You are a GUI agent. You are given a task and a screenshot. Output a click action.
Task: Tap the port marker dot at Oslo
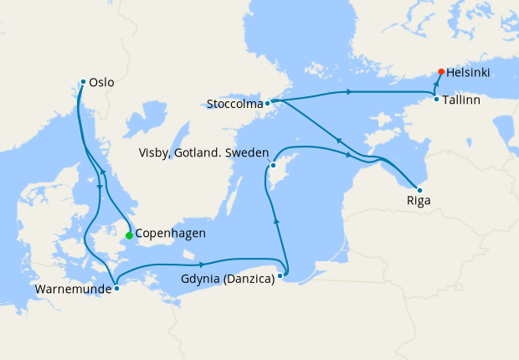[x=83, y=81]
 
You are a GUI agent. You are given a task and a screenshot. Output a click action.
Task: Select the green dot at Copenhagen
[x=129, y=235]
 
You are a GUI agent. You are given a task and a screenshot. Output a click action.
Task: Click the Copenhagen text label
[x=170, y=234]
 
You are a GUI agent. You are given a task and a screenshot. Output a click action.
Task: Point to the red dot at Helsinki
[x=441, y=71]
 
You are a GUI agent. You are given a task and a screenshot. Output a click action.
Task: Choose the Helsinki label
[x=468, y=73]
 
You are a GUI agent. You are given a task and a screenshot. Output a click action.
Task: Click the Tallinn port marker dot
[x=436, y=100]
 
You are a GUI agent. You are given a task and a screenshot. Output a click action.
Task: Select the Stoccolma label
[x=234, y=105]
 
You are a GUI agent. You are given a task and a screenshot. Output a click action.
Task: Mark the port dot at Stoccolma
[x=267, y=104]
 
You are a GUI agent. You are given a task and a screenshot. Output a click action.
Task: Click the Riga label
[x=419, y=201]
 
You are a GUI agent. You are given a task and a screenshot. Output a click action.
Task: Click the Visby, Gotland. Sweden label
[x=204, y=153]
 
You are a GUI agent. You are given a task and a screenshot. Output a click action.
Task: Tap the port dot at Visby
[x=273, y=165]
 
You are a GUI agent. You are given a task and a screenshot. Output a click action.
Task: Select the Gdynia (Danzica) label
[x=228, y=279]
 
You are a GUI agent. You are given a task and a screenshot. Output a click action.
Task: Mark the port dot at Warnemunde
[x=116, y=288]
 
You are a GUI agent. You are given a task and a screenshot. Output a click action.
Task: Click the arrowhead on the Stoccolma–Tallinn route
[x=347, y=90]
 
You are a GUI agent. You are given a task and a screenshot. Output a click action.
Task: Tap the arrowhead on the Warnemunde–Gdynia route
[x=203, y=265]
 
